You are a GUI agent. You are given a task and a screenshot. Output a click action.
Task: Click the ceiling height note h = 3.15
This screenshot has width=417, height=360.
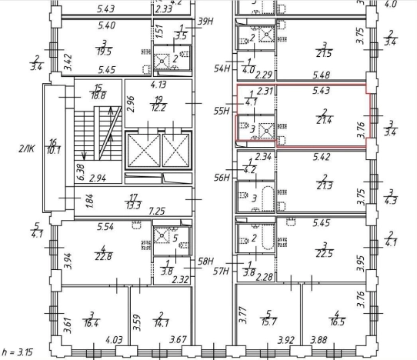[17, 352]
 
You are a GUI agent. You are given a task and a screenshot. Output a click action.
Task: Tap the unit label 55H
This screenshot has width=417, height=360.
[222, 111]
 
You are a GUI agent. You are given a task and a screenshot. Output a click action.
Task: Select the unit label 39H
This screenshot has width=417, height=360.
[205, 22]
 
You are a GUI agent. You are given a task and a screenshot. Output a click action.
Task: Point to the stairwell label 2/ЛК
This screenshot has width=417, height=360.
[27, 148]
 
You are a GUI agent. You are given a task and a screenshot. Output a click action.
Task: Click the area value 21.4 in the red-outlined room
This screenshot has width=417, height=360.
[324, 121]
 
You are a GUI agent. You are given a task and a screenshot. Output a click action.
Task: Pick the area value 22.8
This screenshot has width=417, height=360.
[103, 257]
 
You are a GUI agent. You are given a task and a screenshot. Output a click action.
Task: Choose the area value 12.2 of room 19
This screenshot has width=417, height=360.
[158, 108]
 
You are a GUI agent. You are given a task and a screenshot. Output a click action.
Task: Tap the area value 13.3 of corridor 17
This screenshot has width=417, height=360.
[133, 205]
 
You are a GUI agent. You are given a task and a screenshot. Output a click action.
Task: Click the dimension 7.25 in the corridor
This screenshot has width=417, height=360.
[157, 212]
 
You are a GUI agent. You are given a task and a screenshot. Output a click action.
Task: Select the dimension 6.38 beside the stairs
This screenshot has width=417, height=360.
[80, 172]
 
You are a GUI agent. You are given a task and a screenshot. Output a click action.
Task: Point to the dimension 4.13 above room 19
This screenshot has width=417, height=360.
[158, 85]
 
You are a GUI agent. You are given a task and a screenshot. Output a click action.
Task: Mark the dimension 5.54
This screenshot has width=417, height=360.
[105, 227]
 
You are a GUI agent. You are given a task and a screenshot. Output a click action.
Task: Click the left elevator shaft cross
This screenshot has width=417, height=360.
[144, 151]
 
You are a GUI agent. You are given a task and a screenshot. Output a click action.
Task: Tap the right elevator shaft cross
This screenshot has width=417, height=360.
[176, 151]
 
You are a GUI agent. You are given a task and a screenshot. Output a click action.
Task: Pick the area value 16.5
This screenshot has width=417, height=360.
[337, 322]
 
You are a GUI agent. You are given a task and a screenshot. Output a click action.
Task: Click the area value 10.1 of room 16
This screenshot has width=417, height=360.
[53, 151]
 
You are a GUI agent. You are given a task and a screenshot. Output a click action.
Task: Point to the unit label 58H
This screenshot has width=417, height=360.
[205, 262]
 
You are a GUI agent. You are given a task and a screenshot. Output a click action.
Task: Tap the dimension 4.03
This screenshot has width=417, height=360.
[115, 340]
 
